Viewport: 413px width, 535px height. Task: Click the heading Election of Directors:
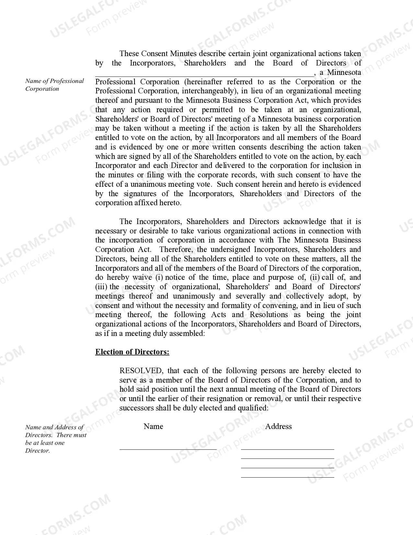(x=132, y=352)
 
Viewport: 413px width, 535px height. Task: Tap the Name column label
(x=153, y=426)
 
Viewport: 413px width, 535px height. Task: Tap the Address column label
(x=278, y=426)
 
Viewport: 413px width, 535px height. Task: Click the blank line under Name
(x=168, y=449)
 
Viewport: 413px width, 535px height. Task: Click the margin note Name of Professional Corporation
(x=54, y=85)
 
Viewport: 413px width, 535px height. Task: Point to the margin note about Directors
(x=56, y=439)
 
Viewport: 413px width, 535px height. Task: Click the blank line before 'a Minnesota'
(x=204, y=75)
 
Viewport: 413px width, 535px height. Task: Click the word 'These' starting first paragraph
(x=129, y=54)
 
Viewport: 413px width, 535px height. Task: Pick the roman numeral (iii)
(x=101, y=287)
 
